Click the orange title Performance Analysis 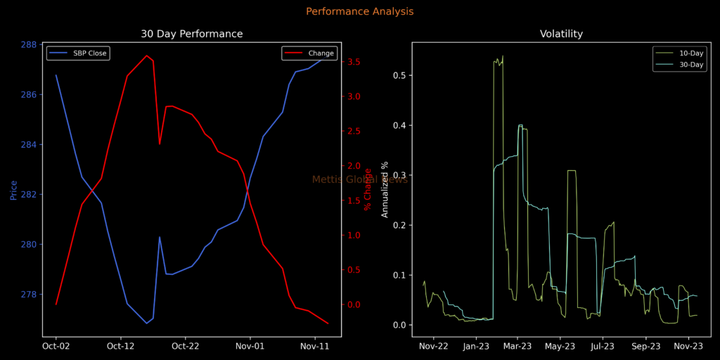pyautogui.click(x=359, y=12)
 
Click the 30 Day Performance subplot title pyautogui.click(x=191, y=34)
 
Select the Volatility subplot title pyautogui.click(x=561, y=34)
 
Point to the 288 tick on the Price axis pyautogui.click(x=29, y=44)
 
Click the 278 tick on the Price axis pyautogui.click(x=29, y=295)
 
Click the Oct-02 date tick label pyautogui.click(x=56, y=346)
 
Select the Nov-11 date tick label pyautogui.click(x=314, y=346)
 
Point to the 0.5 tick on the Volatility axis pyautogui.click(x=397, y=76)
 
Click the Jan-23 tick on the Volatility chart pyautogui.click(x=476, y=346)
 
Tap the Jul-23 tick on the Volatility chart pyautogui.click(x=603, y=346)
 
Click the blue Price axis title pyautogui.click(x=13, y=190)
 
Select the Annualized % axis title pyautogui.click(x=385, y=190)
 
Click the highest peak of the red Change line pyautogui.click(x=146, y=56)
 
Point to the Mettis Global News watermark pyautogui.click(x=359, y=179)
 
